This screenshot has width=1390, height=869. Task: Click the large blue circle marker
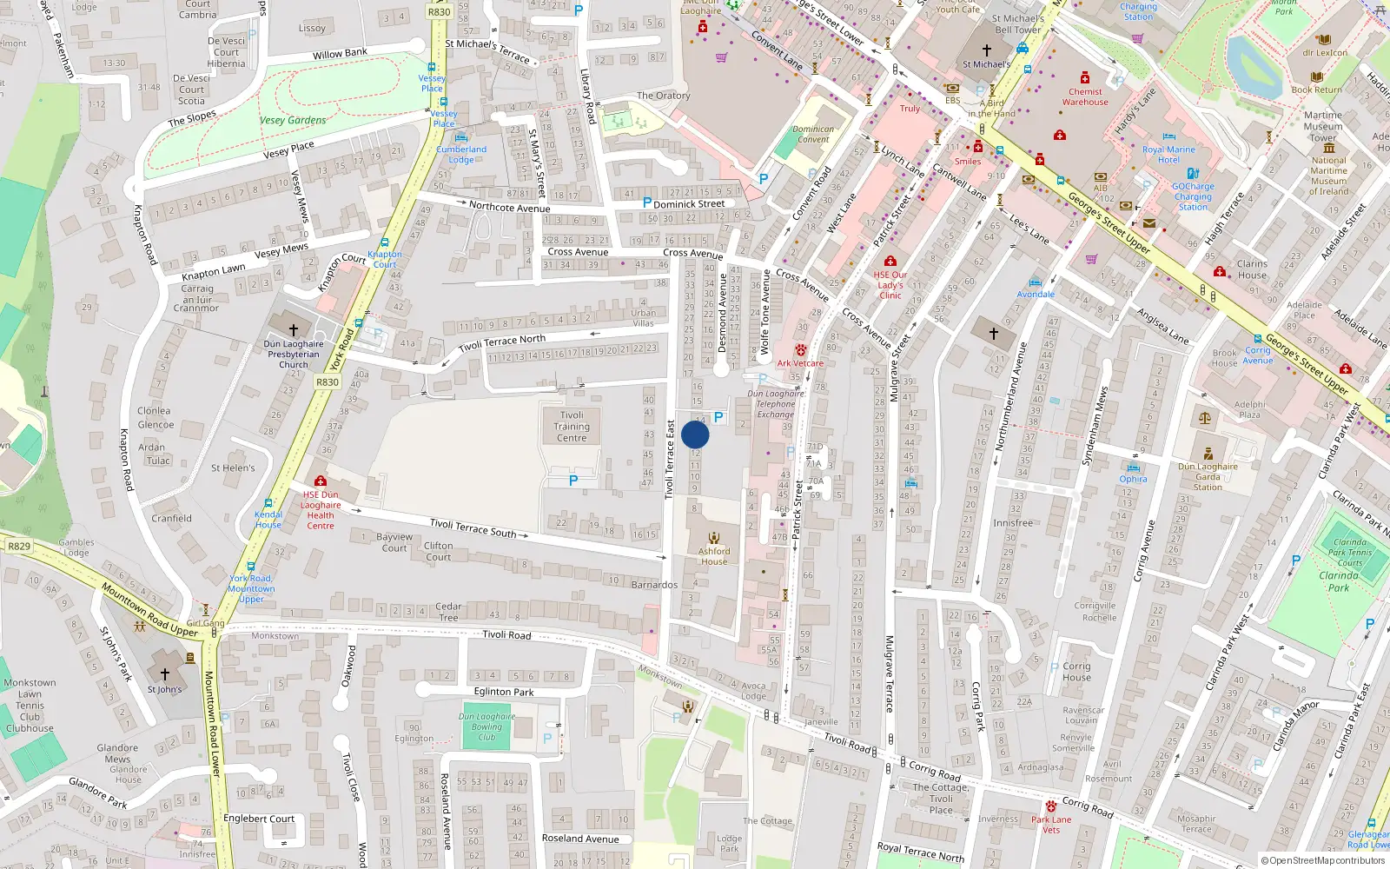(x=695, y=434)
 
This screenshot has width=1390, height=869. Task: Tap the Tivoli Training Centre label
(x=572, y=427)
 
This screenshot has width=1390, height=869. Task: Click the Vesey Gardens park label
(x=293, y=121)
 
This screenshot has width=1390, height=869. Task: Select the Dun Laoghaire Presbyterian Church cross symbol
(x=294, y=329)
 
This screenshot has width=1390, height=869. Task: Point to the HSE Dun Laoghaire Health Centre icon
(x=320, y=481)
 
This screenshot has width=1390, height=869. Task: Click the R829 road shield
(x=18, y=547)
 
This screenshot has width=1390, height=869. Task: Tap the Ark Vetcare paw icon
(x=800, y=349)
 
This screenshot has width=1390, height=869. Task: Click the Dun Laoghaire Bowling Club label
(x=486, y=727)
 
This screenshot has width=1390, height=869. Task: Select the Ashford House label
(x=714, y=556)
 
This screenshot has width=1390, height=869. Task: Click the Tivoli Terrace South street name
(x=473, y=527)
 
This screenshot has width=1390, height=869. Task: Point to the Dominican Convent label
(x=813, y=134)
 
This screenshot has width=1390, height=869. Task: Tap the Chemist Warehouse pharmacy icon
(x=1085, y=78)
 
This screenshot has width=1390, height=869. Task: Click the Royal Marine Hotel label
(x=1168, y=155)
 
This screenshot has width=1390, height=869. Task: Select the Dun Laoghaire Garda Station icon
(x=1208, y=454)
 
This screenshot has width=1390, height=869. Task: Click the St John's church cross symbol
(x=164, y=674)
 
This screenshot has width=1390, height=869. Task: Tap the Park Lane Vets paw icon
(x=1051, y=806)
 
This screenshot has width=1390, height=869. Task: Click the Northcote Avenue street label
(x=509, y=208)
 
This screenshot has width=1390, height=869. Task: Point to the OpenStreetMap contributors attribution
(x=1322, y=860)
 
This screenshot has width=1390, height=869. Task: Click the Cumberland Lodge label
(x=461, y=155)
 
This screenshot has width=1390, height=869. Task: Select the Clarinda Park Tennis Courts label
(x=1350, y=553)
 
